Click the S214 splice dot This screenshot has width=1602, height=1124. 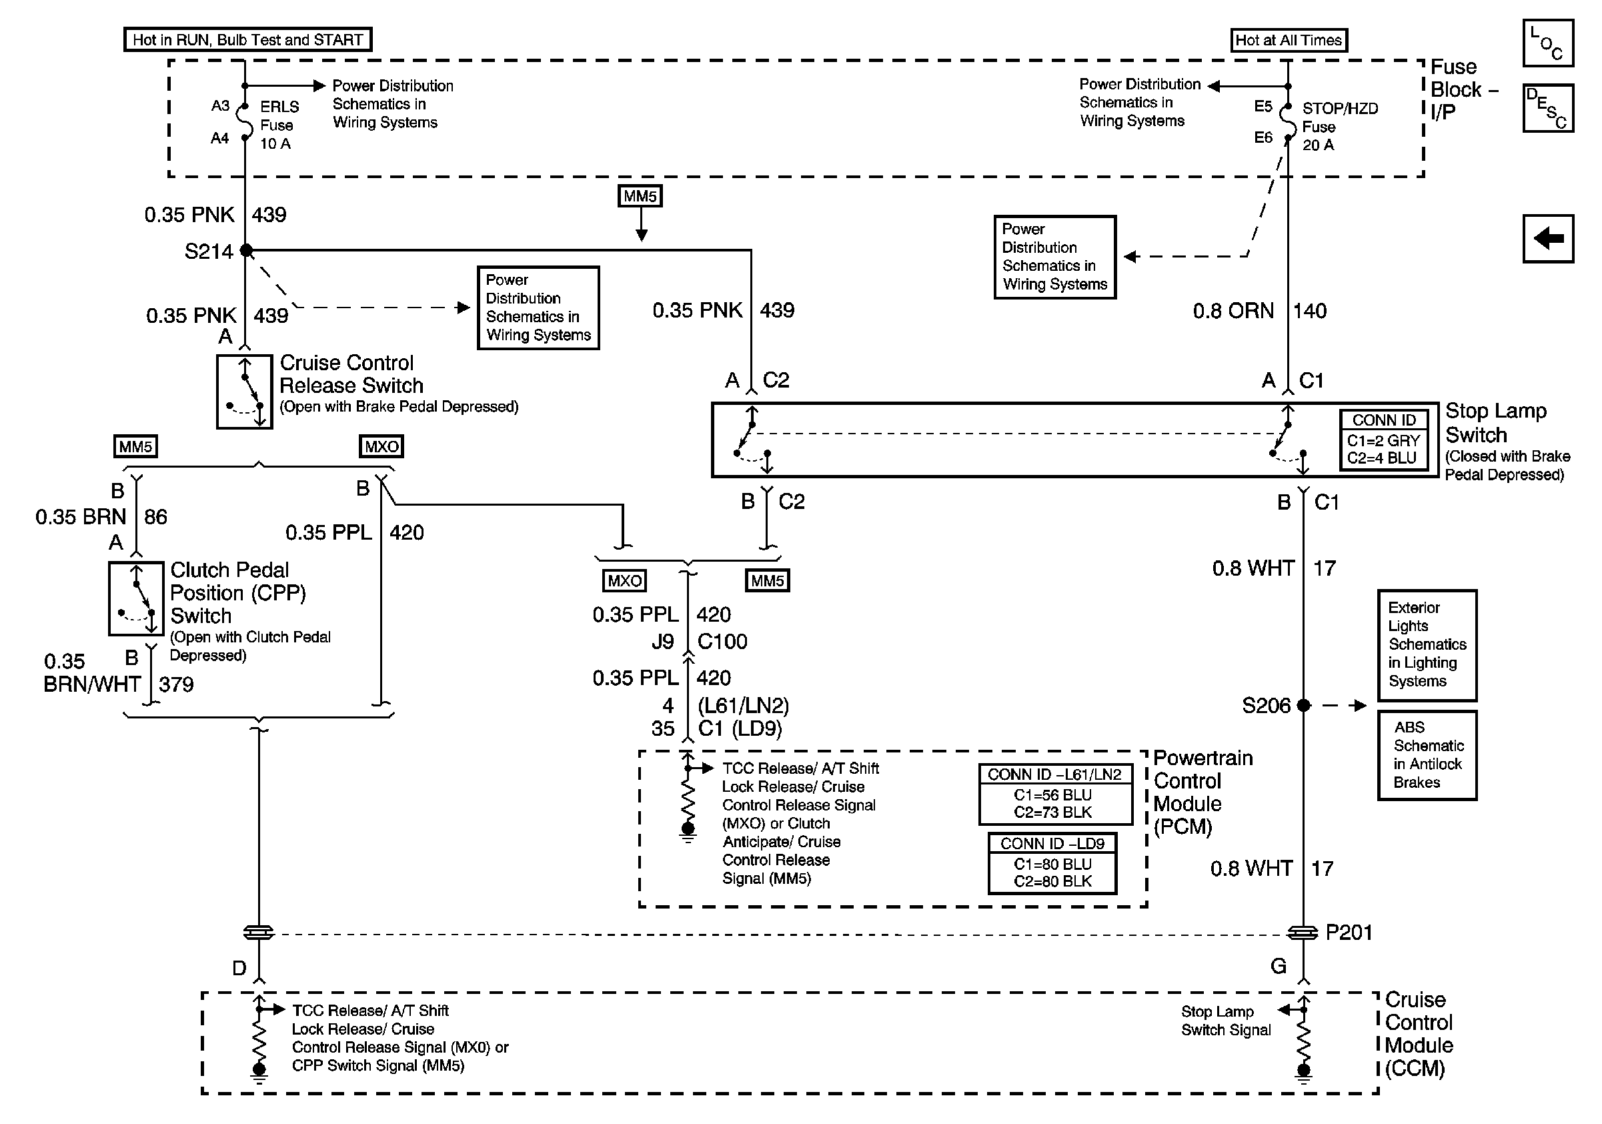(245, 249)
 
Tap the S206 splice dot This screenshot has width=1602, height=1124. (1303, 705)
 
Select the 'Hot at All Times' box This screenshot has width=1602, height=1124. (1289, 41)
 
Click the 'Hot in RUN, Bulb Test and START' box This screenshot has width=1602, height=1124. (247, 40)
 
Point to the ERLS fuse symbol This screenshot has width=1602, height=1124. (245, 122)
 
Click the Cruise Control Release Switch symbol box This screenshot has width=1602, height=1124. (244, 392)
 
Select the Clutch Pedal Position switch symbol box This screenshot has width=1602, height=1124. (136, 598)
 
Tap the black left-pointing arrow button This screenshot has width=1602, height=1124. (1547, 239)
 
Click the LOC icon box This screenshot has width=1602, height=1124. (1547, 43)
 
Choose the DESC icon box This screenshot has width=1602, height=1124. (1547, 108)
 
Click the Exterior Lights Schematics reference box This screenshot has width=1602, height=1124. (1427, 645)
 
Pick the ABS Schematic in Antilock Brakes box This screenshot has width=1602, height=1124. (1427, 755)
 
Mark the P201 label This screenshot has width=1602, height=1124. (1349, 933)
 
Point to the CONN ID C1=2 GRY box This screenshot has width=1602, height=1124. (1384, 440)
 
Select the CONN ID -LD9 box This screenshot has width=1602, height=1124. (1052, 863)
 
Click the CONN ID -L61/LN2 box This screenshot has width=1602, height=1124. (1055, 794)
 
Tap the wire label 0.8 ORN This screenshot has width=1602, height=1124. (1233, 311)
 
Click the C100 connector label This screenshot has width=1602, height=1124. (722, 642)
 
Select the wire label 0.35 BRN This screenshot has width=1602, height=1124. (80, 517)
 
